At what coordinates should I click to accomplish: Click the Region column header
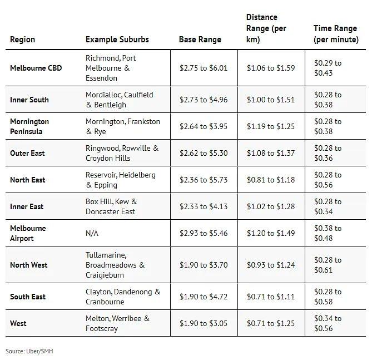pos(22,40)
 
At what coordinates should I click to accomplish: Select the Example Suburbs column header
pos(117,40)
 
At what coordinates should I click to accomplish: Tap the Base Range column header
pos(200,40)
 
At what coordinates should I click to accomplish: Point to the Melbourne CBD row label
pos(36,68)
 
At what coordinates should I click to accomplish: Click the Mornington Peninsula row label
pos(29,126)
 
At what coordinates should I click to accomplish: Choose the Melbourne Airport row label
pos(28,233)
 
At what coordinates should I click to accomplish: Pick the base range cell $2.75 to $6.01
pos(204,68)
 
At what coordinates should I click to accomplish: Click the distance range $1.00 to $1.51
pos(271,100)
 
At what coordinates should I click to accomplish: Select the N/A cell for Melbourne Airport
pos(92,233)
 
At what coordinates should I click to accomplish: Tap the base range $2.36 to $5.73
pos(204,180)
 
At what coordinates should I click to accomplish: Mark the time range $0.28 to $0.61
pos(328,265)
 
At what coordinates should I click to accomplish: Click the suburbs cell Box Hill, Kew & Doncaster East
pos(111,206)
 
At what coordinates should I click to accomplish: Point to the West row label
pos(18,323)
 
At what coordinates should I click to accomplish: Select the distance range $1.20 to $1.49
pos(271,233)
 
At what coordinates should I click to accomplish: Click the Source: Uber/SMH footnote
pos(29,351)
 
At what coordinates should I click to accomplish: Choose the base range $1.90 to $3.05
pos(204,323)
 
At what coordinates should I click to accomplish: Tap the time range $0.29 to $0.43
pos(328,68)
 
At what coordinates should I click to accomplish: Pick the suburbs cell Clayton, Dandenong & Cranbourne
pos(122,297)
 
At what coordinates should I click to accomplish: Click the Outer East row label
pos(27,153)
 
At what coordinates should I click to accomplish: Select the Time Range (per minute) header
pos(336,34)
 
